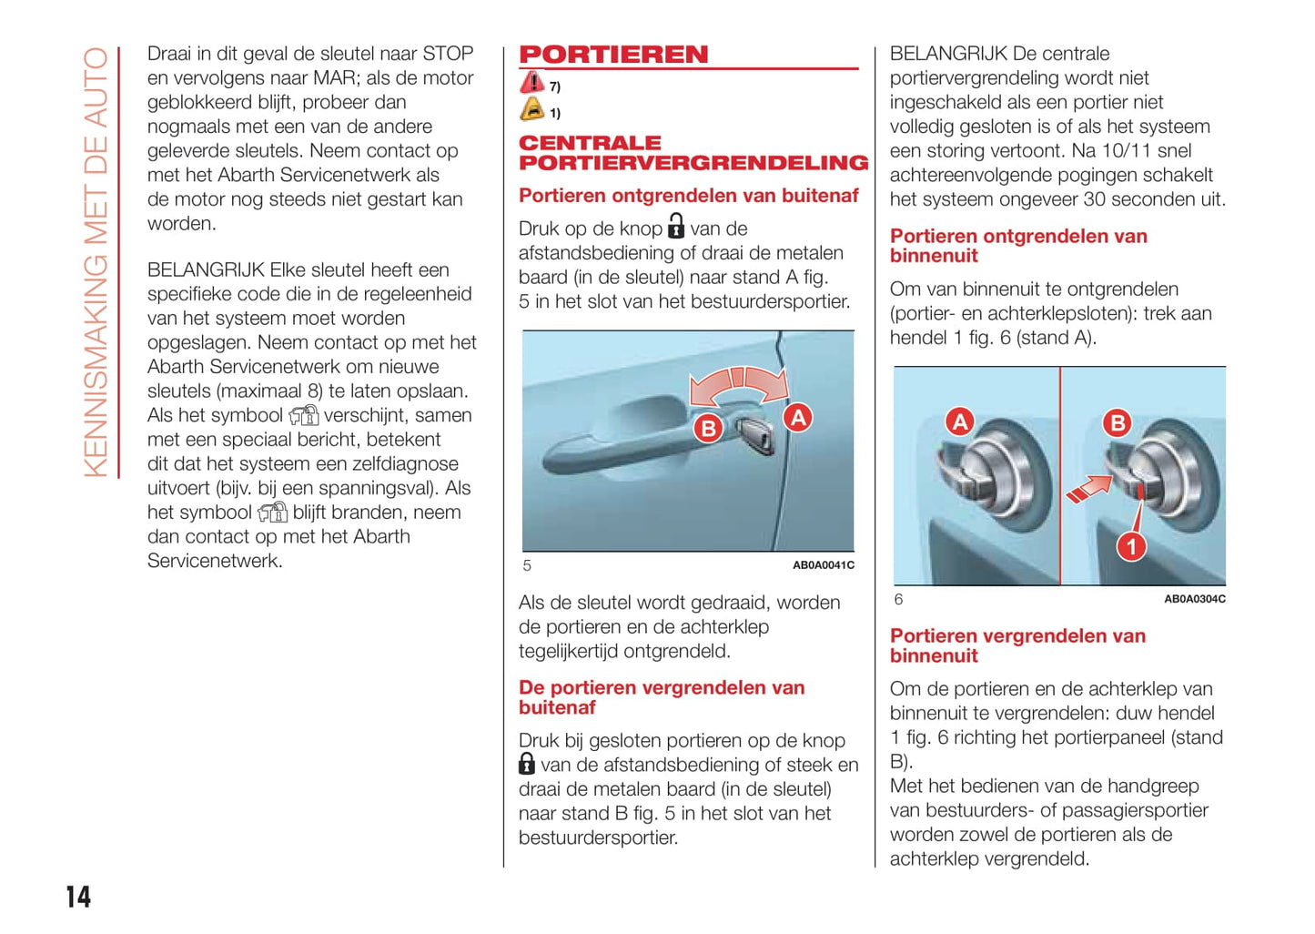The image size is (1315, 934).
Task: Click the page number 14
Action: click(78, 897)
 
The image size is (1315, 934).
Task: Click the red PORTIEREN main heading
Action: click(613, 55)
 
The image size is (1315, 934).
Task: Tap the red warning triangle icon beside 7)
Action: click(531, 83)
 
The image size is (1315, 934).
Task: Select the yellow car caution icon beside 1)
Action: click(531, 110)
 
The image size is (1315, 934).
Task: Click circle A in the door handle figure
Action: click(798, 418)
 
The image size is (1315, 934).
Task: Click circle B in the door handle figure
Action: click(708, 428)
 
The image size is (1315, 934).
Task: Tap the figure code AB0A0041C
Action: click(823, 565)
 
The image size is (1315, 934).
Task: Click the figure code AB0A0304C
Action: click(1194, 599)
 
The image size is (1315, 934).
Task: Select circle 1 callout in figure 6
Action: click(1131, 546)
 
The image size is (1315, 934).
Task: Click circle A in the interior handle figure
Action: click(959, 421)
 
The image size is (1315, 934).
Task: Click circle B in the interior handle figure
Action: click(1117, 422)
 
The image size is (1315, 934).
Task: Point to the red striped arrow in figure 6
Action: click(1088, 489)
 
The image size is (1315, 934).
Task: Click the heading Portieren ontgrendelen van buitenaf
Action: click(688, 196)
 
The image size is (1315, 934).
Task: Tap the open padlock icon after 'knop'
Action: click(676, 226)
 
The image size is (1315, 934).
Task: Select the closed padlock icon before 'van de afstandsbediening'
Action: click(527, 764)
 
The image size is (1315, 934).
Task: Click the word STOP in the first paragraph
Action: click(448, 54)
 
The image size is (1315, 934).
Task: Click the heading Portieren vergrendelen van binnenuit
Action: click(1017, 645)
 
